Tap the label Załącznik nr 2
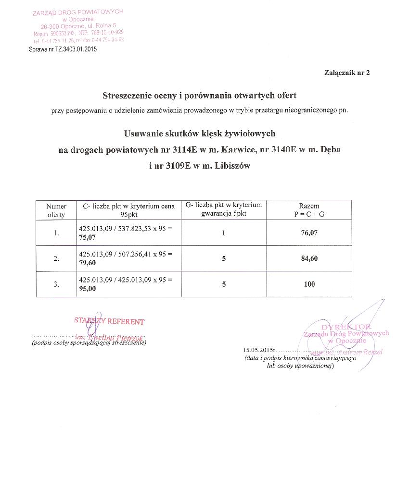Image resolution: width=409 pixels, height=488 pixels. coord(346,73)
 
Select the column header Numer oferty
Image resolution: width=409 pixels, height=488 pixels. coord(56,210)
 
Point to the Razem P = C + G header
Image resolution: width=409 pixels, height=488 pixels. coord(309,210)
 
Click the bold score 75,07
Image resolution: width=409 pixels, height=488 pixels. coord(87,237)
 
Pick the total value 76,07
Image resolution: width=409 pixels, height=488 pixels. coord(309,233)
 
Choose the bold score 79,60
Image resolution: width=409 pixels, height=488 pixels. coord(87,263)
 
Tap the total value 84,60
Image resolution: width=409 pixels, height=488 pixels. coord(309,258)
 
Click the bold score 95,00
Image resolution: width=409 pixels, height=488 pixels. coord(87,289)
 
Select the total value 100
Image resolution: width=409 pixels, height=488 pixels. coord(309,284)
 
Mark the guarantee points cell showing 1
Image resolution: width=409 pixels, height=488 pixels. coord(224,233)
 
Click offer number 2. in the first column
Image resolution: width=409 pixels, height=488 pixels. coord(56,258)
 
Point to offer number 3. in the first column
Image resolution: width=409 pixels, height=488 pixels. coord(56,284)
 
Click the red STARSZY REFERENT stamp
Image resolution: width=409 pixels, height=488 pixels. coord(109,321)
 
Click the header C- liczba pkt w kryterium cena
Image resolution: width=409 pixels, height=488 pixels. coord(129,206)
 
